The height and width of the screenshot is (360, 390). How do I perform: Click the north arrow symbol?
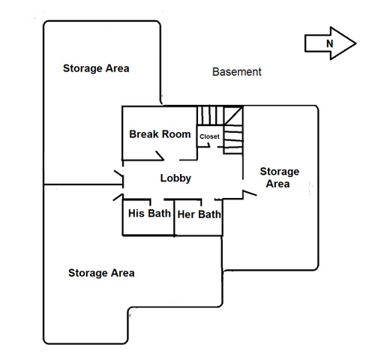pos(330,43)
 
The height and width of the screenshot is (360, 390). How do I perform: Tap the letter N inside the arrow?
pos(330,43)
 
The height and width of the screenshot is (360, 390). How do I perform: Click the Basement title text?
pos(237,72)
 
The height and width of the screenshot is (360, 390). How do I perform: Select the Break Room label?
pos(160,134)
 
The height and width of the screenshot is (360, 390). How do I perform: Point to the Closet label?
pos(209,136)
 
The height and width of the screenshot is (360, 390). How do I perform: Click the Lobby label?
pos(175,178)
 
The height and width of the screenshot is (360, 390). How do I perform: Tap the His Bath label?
pos(149,214)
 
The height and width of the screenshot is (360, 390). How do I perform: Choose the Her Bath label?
pos(199,214)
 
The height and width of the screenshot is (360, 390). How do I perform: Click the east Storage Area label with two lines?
pos(280,178)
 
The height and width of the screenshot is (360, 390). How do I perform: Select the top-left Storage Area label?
pos(96,68)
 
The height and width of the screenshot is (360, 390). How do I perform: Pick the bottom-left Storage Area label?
pos(101,273)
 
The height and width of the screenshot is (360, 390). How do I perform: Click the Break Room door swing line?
pos(160,155)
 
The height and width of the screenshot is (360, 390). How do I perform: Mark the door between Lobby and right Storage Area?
pos(250,193)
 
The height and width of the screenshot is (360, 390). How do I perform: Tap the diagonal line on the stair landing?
pos(233,115)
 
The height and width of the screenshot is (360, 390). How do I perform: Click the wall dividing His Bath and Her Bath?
pos(174,217)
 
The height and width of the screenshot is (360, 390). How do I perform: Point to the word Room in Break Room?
pos(176,134)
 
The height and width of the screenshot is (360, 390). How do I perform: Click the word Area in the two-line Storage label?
pos(277,184)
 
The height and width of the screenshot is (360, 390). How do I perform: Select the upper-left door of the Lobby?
pos(118,173)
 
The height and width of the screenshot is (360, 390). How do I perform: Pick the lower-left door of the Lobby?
pos(118,197)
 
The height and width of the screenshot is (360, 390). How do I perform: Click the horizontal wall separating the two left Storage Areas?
pos(83,184)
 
